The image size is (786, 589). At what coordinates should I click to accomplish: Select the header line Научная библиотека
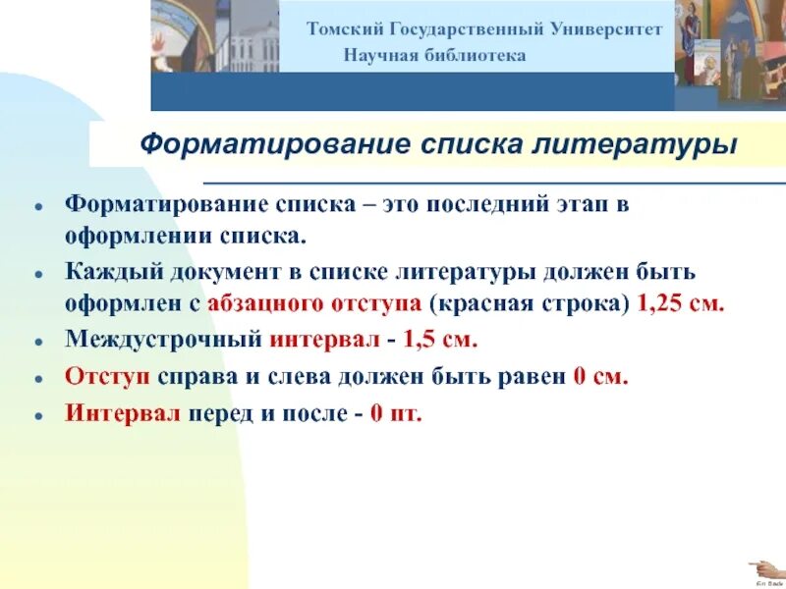point(434,55)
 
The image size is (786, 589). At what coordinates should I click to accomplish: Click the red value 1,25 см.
point(681,303)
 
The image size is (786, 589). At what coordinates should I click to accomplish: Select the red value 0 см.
point(598,376)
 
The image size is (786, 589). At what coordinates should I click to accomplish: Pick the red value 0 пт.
point(395,412)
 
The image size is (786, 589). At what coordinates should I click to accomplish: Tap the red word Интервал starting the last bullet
point(124,412)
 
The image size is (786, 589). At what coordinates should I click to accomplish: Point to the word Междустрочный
point(162,340)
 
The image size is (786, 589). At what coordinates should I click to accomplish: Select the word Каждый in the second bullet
point(105,270)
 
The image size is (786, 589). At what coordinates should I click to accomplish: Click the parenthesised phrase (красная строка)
point(530,303)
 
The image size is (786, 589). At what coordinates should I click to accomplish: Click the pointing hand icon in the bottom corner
point(761,566)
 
